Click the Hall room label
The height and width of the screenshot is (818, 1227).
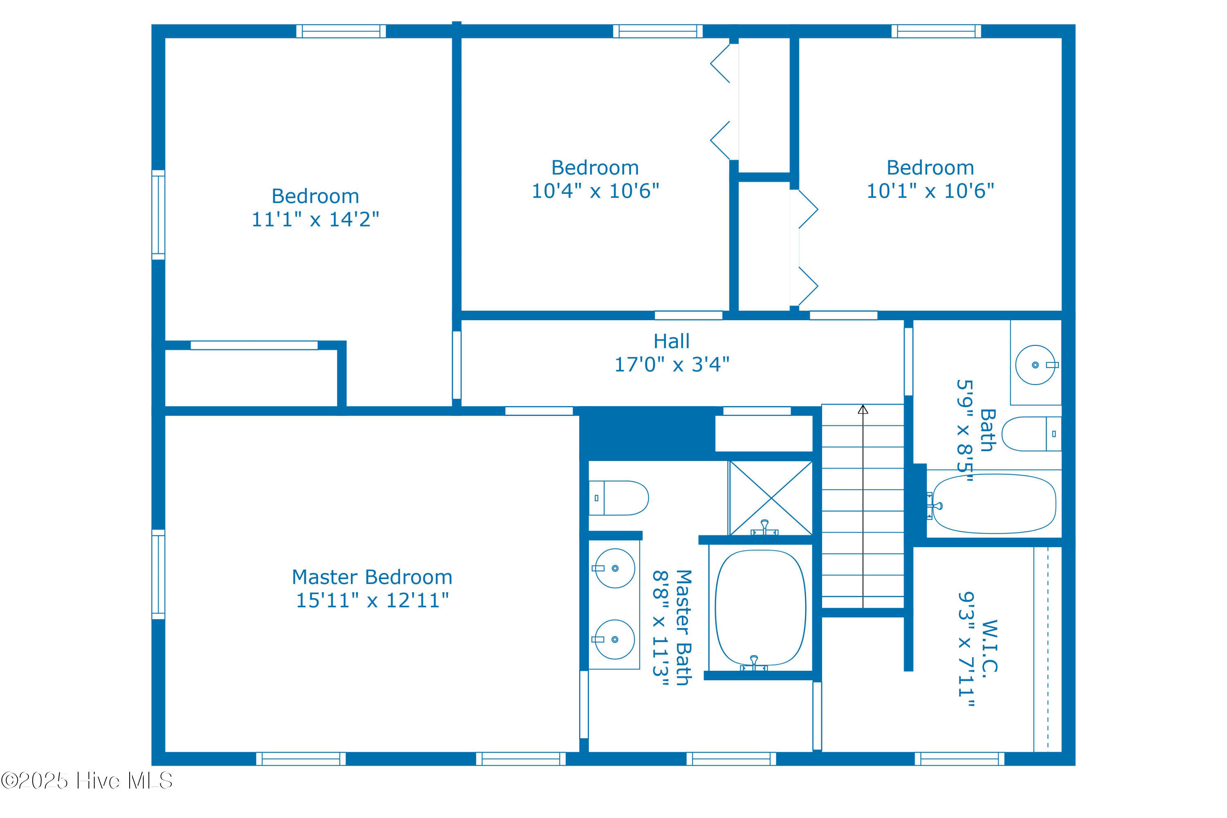[672, 341]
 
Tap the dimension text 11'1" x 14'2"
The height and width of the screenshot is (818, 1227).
[315, 219]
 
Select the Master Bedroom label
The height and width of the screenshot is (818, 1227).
[372, 577]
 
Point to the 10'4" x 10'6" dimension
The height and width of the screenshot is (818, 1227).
[595, 191]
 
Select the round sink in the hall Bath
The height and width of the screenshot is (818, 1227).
[1036, 365]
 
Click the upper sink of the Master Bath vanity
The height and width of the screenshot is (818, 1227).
[615, 568]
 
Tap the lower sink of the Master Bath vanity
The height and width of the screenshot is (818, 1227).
[615, 640]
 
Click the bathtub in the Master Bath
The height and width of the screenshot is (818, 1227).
[760, 608]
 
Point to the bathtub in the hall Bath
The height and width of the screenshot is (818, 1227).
[994, 504]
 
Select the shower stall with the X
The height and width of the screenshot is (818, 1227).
[771, 498]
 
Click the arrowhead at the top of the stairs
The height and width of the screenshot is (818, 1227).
[863, 409]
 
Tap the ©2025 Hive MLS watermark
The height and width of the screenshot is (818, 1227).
[87, 781]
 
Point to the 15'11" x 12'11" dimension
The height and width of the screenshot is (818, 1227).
[372, 600]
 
